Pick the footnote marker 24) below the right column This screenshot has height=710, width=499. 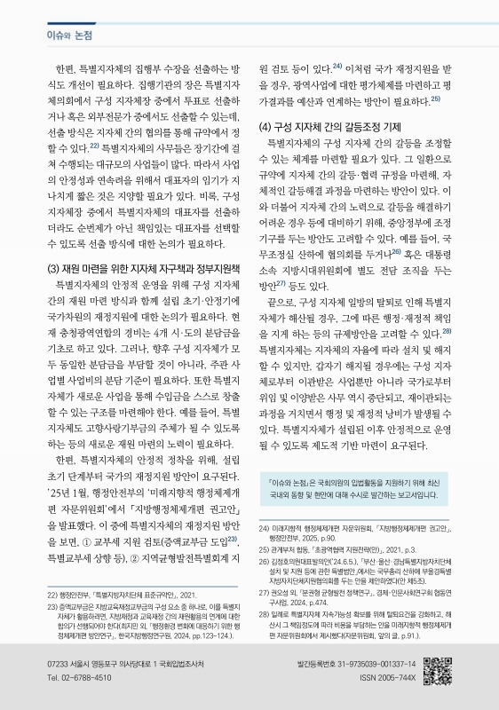click(264, 527)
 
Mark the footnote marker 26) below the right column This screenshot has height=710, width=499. click(264, 562)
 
